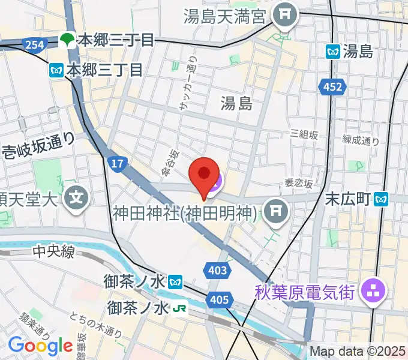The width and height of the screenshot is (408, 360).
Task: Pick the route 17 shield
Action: [x=117, y=163]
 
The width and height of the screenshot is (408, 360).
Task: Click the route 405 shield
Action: [x=219, y=299]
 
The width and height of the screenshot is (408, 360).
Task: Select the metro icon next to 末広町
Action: [x=381, y=197]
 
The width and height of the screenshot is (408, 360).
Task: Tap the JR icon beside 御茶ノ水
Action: [x=179, y=308]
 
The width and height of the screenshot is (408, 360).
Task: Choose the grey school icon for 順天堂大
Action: [x=77, y=196]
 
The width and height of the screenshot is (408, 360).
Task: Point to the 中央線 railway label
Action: [x=53, y=251]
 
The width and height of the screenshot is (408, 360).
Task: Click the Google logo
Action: [x=40, y=346]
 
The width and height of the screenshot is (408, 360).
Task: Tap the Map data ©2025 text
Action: [x=358, y=352]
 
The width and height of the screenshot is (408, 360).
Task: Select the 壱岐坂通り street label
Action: [x=38, y=146]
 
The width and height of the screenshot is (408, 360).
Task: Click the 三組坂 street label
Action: [x=303, y=134]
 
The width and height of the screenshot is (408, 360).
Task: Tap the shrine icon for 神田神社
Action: [x=275, y=210]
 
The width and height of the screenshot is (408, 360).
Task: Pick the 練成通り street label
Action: [x=361, y=142]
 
